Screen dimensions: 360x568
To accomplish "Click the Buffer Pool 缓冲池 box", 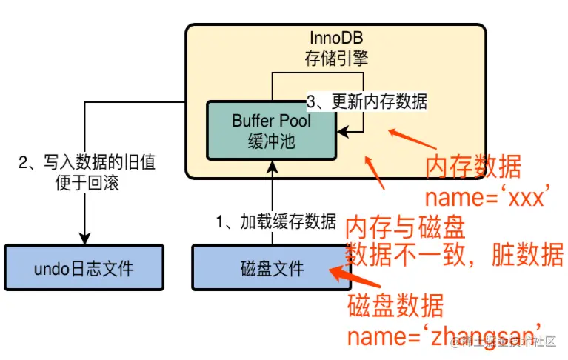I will click(271, 130).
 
